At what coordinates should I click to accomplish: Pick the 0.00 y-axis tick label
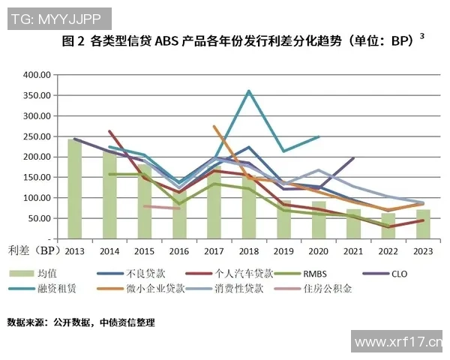pyautogui.click(x=40, y=238)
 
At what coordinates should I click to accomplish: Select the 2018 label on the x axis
pyautogui.click(x=249, y=250)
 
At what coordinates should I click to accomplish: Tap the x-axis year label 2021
pyautogui.click(x=353, y=250)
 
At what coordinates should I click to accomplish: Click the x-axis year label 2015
pyautogui.click(x=144, y=250)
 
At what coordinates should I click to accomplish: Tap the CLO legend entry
pyautogui.click(x=398, y=274)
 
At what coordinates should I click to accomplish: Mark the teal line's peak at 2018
pyautogui.click(x=249, y=91)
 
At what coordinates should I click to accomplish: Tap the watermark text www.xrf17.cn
pyautogui.click(x=398, y=343)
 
